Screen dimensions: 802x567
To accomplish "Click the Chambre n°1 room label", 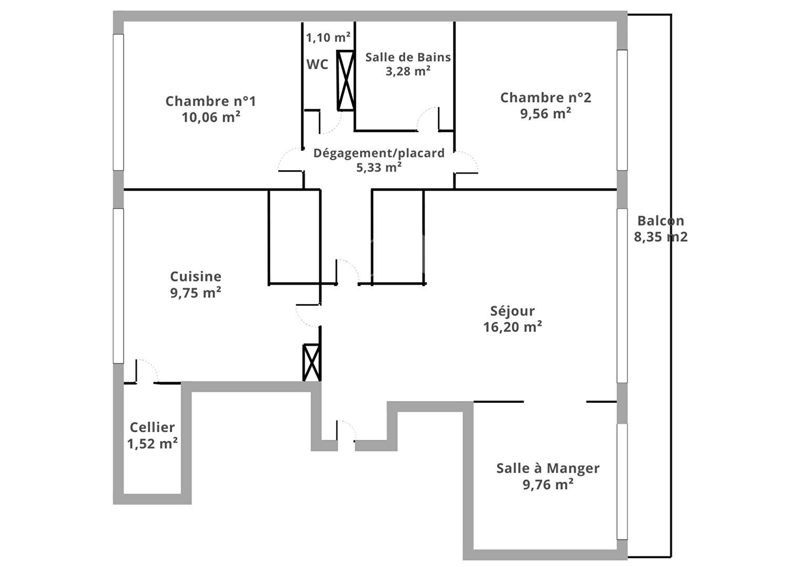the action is [210, 101].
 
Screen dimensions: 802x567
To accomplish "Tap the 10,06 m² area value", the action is [211, 117].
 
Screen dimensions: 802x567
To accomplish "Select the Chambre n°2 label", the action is [546, 98].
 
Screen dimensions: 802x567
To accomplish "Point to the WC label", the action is [317, 65].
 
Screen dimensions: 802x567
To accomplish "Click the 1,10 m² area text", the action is [328, 37].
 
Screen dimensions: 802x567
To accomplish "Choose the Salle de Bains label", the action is [408, 57].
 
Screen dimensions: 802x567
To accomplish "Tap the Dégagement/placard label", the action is [379, 153].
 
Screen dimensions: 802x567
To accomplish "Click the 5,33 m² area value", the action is [379, 167].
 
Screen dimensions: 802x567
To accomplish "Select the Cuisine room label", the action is [195, 277].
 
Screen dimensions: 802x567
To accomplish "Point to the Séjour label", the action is [512, 311].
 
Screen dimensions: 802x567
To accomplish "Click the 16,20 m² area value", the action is [512, 327].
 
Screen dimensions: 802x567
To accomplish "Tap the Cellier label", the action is [152, 427].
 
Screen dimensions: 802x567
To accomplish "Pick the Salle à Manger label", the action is [548, 468].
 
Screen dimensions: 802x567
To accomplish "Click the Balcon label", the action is [661, 221].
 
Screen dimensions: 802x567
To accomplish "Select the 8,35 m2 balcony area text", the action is [661, 237].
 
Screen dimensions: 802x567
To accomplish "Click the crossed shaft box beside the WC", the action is [346, 80].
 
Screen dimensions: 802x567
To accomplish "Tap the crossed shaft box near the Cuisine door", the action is [312, 362].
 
